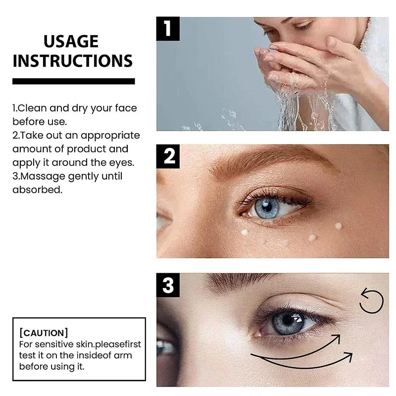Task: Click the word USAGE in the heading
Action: tap(71, 41)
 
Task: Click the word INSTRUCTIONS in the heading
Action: tap(73, 60)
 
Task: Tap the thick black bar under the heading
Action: tap(73, 81)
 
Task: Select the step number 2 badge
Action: tap(169, 156)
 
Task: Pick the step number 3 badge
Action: tap(169, 286)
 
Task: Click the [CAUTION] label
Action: tap(43, 333)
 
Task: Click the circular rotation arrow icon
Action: tap(371, 301)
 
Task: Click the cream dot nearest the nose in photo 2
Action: tap(244, 232)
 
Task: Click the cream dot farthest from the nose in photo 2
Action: tap(338, 226)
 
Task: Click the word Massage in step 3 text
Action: tap(37, 176)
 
